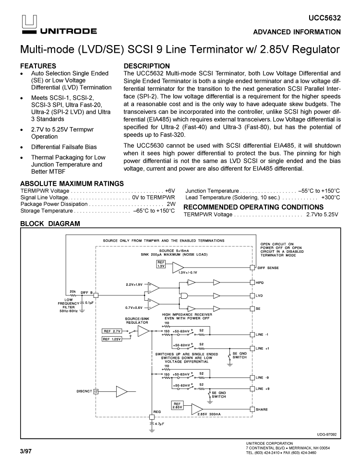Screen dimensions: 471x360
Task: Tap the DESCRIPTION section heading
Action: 147,66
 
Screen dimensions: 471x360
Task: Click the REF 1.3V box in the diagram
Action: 161,264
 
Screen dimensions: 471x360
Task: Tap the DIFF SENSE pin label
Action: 267,268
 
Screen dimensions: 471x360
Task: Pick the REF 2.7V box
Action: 112,331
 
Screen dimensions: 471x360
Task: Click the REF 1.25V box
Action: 112,339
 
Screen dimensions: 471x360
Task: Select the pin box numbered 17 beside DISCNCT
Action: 96,391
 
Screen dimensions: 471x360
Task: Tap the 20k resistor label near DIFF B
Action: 73,291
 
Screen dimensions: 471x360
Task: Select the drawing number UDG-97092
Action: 326,434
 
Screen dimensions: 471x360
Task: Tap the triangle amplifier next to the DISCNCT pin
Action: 122,391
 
